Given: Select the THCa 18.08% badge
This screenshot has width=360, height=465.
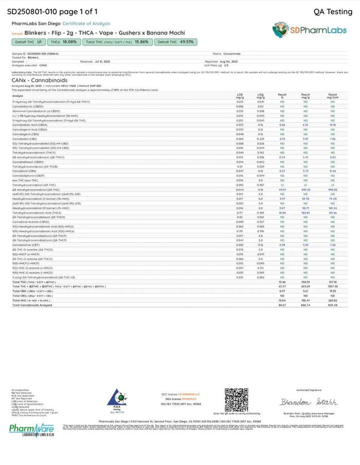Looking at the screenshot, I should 64,42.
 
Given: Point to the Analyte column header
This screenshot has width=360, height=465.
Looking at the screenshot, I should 17,96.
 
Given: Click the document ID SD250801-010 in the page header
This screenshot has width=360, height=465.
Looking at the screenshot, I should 31,11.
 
